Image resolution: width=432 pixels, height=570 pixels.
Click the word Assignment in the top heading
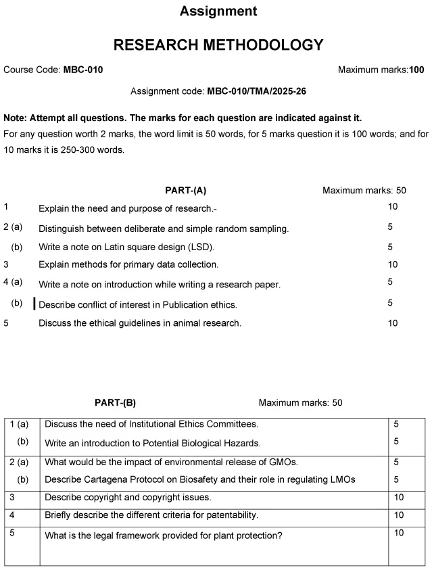coord(218,11)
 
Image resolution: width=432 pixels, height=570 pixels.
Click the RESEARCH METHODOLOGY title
coord(218,45)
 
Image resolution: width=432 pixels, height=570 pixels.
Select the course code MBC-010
coord(83,70)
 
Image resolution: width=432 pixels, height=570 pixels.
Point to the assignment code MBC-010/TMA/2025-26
coord(250,91)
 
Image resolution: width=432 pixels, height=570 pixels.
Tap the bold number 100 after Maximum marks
coord(416,70)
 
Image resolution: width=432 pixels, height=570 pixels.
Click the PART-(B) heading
coord(115,402)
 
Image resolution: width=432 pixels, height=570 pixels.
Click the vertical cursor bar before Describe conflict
coord(34,304)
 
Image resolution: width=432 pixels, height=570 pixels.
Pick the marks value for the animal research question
coord(393,323)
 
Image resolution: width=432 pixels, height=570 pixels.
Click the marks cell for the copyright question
coord(398,497)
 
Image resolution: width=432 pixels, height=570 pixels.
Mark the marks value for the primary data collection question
coord(393,264)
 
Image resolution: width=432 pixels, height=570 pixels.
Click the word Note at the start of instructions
coord(15,118)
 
